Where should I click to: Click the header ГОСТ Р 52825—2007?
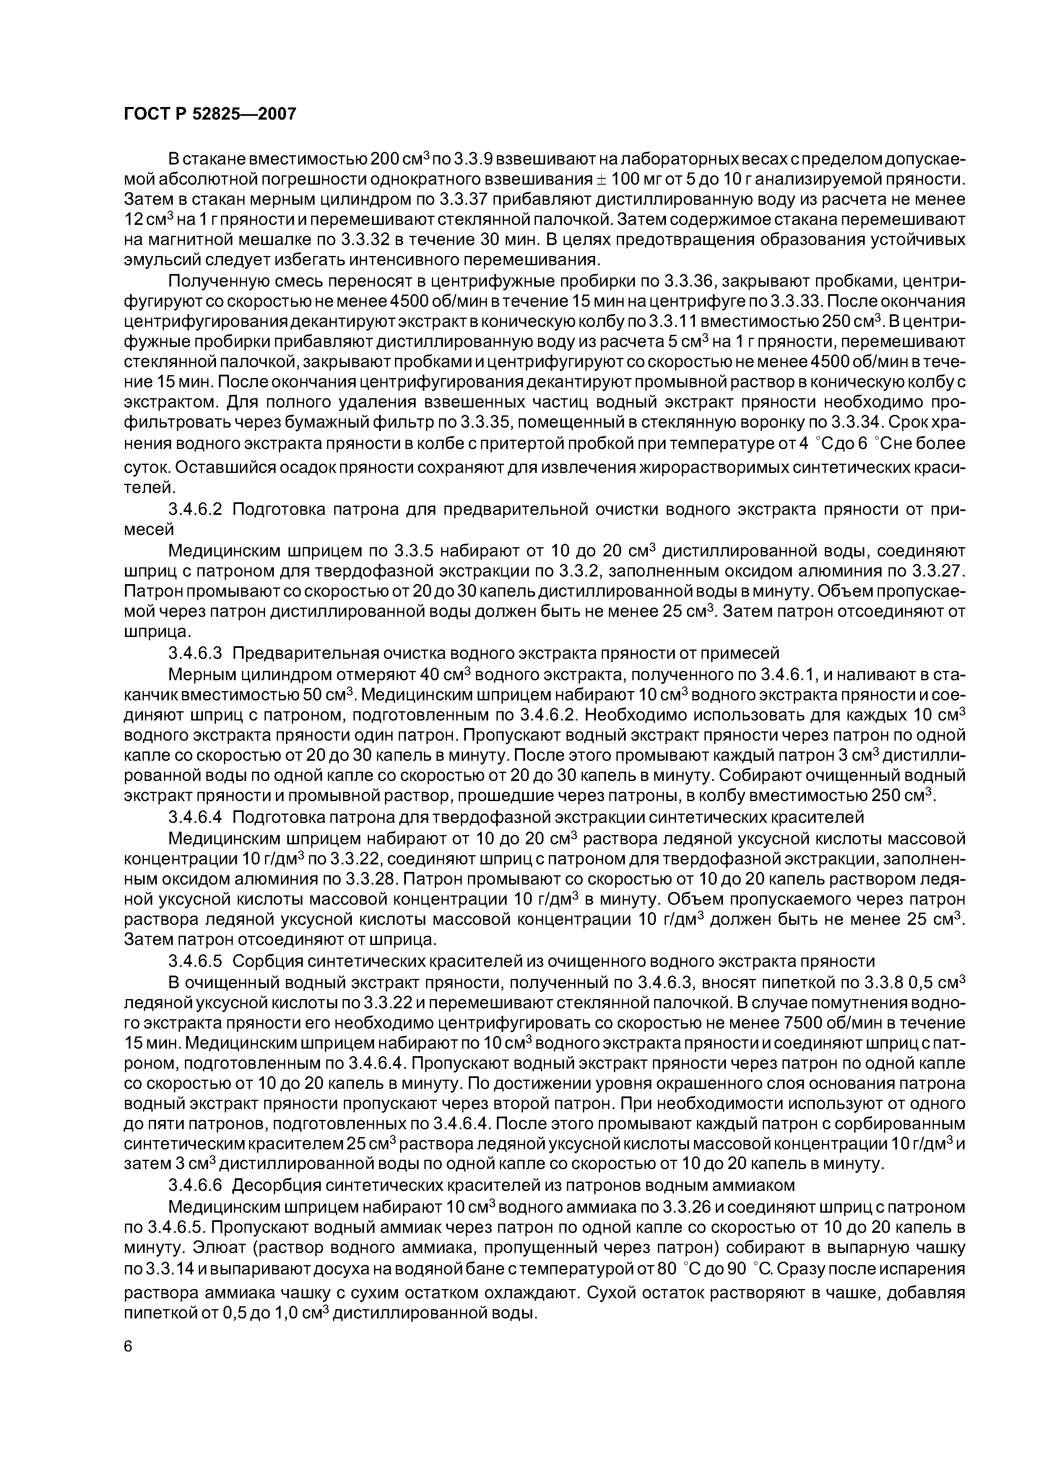(x=210, y=114)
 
